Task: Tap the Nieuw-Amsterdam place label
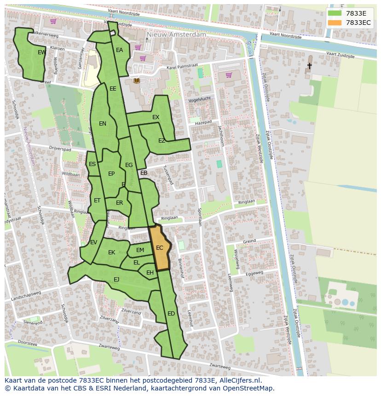click(176, 34)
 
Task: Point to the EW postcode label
click(41, 52)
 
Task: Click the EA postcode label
click(120, 50)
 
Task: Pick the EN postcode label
click(103, 123)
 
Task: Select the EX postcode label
click(156, 117)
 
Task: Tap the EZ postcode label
click(162, 141)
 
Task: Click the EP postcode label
click(111, 174)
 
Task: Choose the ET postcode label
click(97, 201)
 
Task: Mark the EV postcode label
click(94, 242)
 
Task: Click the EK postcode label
click(112, 253)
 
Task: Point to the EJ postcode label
click(116, 279)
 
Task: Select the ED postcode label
click(171, 314)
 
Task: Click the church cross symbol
click(309, 66)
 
